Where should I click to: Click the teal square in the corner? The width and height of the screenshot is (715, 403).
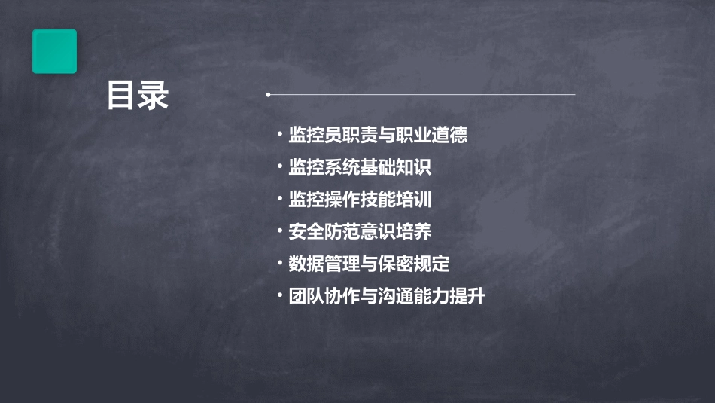(x=54, y=51)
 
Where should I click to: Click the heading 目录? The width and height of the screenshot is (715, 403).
(x=138, y=96)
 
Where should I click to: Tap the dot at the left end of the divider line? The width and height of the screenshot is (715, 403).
(x=268, y=95)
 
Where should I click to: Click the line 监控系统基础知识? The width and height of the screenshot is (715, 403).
(x=360, y=167)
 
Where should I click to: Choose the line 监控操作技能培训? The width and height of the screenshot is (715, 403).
(x=360, y=200)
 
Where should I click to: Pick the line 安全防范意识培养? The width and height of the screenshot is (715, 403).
(x=360, y=231)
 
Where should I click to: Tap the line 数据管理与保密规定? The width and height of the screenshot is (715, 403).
(x=369, y=264)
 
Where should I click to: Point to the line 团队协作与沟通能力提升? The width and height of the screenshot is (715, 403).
(x=386, y=296)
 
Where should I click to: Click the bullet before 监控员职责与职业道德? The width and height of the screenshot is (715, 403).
(x=279, y=135)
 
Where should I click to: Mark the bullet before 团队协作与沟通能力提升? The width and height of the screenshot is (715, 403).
(x=279, y=296)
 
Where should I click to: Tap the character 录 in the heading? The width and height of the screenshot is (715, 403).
(x=154, y=96)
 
